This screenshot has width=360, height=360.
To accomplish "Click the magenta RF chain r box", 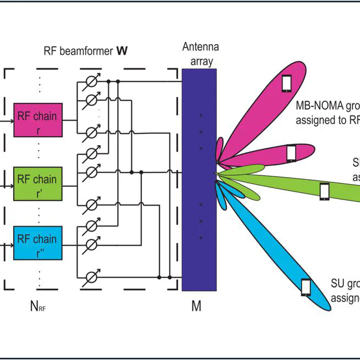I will [38, 120].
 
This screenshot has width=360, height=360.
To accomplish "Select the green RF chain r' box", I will [38, 184].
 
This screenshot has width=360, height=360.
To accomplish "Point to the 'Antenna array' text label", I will [201, 54].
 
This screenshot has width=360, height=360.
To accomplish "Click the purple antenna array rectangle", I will [200, 181].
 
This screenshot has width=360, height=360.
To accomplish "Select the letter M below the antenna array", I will [196, 306].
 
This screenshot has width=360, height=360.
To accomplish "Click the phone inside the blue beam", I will [306, 287].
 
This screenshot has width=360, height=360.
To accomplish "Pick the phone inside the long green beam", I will [324, 191].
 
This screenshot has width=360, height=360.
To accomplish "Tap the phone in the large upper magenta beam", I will [286, 83].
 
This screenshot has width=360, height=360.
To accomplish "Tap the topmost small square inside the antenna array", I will [201, 115].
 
